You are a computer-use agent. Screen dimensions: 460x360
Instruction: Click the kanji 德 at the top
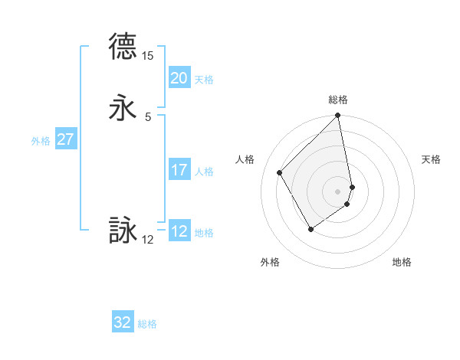coord(123,47)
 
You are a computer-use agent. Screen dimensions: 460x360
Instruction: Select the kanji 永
coord(123,108)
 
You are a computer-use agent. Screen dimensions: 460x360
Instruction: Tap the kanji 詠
coord(123,231)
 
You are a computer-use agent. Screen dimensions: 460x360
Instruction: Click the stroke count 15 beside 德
coord(148,56)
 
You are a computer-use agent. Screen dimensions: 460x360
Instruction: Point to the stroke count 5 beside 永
coord(148,116)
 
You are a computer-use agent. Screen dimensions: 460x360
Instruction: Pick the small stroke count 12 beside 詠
coord(148,240)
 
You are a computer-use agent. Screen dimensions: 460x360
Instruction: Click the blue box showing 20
coord(179,78)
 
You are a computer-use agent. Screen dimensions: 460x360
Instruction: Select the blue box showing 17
coord(179,170)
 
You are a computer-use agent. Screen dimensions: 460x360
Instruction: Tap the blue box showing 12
coord(179,231)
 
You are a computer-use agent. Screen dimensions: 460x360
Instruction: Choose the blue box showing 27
coord(66,139)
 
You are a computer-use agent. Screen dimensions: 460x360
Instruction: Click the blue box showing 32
coord(123,322)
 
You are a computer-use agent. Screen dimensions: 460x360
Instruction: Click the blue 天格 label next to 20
coord(204,79)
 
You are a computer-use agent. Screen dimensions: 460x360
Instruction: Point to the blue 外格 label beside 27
coord(41,140)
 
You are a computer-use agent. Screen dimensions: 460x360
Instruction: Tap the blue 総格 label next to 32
coord(147,324)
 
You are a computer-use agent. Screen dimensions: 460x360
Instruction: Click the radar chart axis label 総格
coord(338,100)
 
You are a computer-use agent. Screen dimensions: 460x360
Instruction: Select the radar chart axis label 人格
coord(245,159)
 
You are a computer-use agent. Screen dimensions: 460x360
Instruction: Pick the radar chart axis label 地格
coord(402,263)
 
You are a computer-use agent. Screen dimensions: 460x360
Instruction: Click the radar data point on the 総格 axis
coord(338,116)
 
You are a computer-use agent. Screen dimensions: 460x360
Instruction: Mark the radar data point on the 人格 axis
coord(280,172)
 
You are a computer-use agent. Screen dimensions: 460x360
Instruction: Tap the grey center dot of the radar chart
coord(338,191)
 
